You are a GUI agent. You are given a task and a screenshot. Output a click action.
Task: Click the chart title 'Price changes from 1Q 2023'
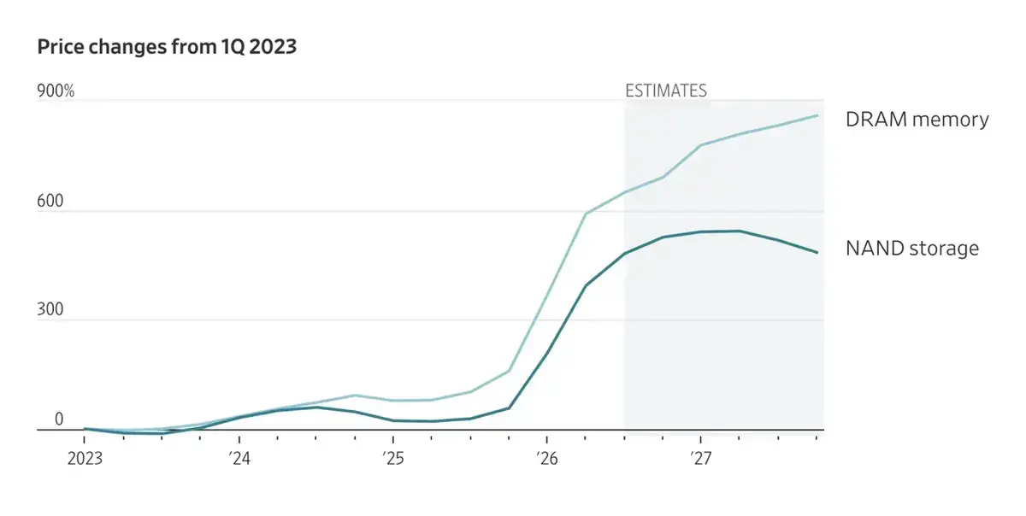click(x=167, y=47)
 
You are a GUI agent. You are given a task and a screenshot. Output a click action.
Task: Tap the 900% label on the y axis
click(x=56, y=91)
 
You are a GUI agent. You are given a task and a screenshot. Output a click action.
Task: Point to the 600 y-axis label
click(x=50, y=201)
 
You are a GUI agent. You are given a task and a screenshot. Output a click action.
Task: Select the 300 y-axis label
click(x=50, y=309)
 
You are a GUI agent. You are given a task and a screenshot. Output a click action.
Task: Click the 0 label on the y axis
click(x=59, y=419)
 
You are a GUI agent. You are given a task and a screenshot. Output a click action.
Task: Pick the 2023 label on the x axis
click(x=85, y=458)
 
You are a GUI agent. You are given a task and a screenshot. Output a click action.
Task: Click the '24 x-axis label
click(x=239, y=458)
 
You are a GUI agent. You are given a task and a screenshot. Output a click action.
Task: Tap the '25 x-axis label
click(x=393, y=458)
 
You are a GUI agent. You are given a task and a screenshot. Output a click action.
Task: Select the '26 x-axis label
click(x=547, y=458)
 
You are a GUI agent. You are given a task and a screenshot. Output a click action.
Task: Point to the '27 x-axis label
click(x=701, y=458)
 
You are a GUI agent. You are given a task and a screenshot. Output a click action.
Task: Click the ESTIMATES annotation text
click(x=666, y=91)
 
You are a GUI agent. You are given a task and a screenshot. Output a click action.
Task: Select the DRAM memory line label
click(x=917, y=120)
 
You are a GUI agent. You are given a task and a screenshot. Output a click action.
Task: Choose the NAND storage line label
click(x=912, y=249)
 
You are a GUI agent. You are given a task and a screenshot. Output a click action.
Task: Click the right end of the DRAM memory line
click(x=817, y=115)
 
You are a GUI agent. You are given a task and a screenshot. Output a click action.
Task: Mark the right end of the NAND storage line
click(x=817, y=252)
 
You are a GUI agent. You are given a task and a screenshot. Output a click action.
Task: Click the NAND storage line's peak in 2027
click(x=740, y=231)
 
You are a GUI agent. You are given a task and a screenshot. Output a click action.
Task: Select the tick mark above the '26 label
click(x=547, y=437)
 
